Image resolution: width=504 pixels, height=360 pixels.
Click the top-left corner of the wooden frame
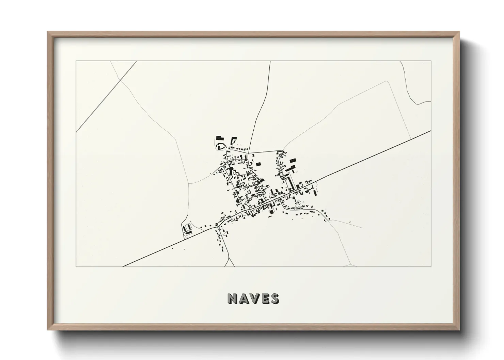coord(48,32)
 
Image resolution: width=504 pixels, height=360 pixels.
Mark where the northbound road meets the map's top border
coord(270,62)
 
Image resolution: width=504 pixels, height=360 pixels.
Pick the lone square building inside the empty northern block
coord(258,164)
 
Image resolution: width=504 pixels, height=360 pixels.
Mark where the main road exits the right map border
coord(431,131)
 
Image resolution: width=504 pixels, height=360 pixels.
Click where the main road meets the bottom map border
coord(123,266)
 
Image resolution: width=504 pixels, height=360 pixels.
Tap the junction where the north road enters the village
coord(249,153)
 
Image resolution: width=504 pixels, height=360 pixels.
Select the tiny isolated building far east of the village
coord(350,222)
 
